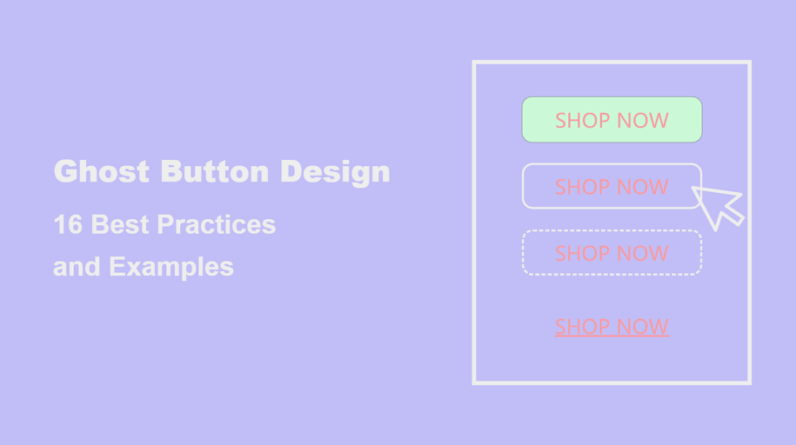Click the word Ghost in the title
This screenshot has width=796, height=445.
click(102, 171)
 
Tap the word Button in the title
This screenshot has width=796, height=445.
click(215, 171)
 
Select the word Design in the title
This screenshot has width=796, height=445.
click(335, 172)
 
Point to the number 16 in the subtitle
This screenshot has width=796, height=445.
click(68, 224)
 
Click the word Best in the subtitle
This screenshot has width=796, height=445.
click(120, 224)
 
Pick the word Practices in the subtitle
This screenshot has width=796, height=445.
click(217, 224)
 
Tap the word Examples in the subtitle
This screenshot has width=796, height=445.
click(171, 267)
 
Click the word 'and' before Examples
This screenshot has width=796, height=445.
click(77, 267)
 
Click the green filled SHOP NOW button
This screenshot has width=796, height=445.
click(612, 120)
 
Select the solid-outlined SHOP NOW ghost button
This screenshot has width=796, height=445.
click(612, 186)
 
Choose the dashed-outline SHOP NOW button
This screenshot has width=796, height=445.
click(612, 253)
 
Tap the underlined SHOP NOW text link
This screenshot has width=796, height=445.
click(612, 326)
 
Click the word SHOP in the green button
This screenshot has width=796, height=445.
click(582, 120)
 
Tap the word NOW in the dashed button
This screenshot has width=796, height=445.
click(643, 253)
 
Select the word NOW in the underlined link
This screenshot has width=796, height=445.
click(643, 326)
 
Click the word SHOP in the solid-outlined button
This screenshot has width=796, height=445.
click(582, 187)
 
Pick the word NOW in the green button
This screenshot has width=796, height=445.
click(643, 120)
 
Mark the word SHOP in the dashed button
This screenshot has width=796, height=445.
click(582, 253)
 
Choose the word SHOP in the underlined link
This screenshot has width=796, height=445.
click(582, 326)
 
